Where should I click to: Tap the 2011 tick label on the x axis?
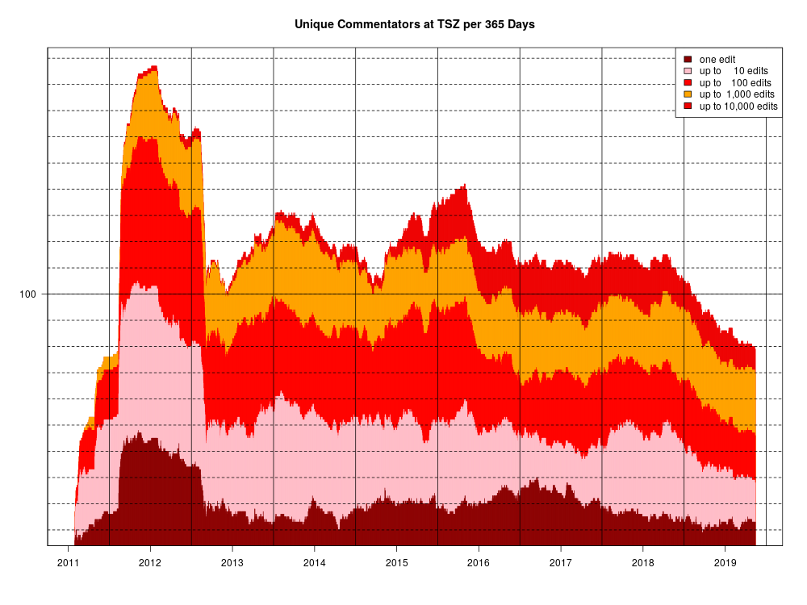[x=68, y=562]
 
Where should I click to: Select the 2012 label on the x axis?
[x=150, y=562]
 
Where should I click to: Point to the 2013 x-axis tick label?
[x=232, y=562]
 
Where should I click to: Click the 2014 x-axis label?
[x=315, y=562]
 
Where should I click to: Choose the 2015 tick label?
[x=396, y=562]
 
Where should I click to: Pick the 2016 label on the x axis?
[x=479, y=562]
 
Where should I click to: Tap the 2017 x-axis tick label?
[x=561, y=562]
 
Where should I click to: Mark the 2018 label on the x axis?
[x=643, y=562]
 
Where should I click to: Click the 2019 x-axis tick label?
[x=725, y=562]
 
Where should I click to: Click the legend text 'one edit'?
[x=717, y=60]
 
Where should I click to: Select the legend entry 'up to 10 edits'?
[x=734, y=71]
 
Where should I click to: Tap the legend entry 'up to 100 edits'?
[x=735, y=83]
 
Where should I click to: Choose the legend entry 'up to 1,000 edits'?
[x=737, y=94]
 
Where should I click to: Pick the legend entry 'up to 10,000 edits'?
[x=738, y=106]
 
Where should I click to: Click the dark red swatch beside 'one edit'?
[x=688, y=60]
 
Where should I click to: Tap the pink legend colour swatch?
[x=688, y=71]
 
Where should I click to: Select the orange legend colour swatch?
[x=688, y=94]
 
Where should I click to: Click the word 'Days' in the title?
[x=521, y=24]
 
